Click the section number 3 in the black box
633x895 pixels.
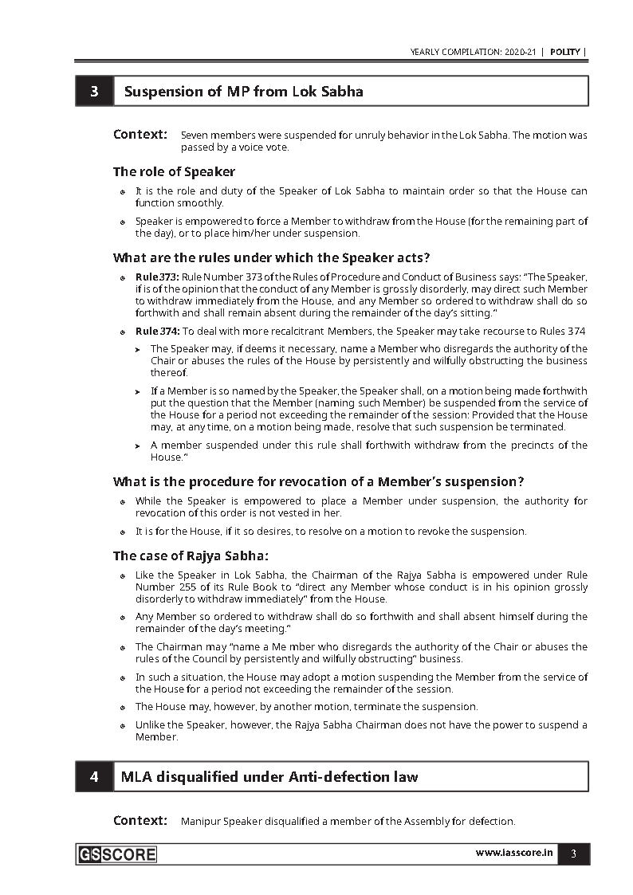tap(94, 92)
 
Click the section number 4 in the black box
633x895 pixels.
tap(94, 776)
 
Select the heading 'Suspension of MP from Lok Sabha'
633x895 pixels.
tap(243, 92)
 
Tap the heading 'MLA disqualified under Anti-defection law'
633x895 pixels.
tap(269, 776)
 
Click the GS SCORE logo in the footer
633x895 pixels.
tap(117, 854)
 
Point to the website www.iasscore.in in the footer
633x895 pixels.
tap(514, 853)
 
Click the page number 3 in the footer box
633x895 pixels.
tap(573, 854)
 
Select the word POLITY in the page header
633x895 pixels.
tap(564, 53)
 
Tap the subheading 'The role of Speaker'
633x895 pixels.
tap(174, 171)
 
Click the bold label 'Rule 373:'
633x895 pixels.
tap(157, 277)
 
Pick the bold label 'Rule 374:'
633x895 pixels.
tap(157, 331)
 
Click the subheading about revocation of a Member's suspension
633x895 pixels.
tap(318, 481)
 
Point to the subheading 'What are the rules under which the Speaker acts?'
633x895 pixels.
tap(271, 257)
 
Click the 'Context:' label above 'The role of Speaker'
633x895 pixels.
tap(140, 135)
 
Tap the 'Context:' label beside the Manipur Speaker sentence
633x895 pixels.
tap(140, 820)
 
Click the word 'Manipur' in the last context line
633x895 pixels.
tap(199, 821)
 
